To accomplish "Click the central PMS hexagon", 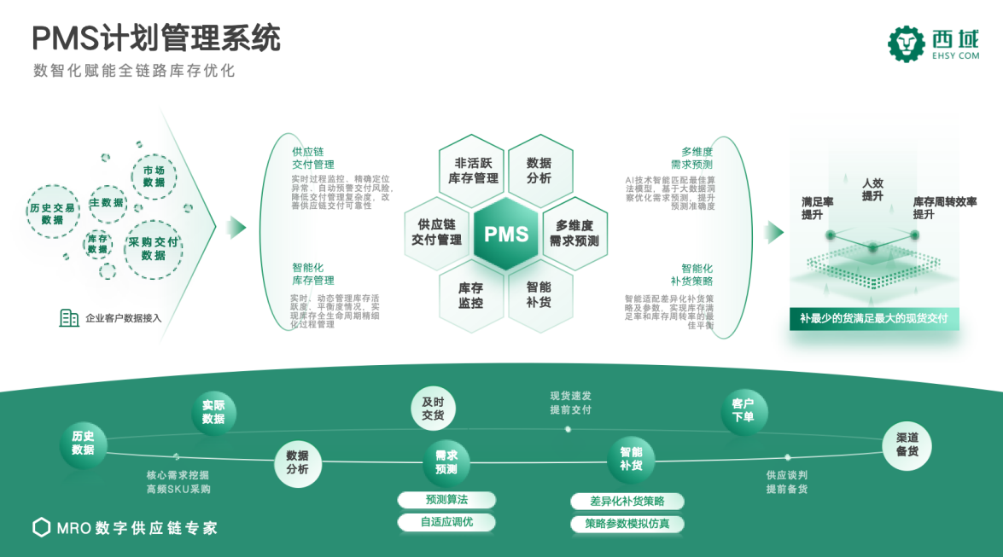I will [506, 234].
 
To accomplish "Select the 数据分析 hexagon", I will [539, 170].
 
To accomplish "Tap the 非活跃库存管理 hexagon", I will [473, 170].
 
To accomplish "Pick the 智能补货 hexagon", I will [539, 294].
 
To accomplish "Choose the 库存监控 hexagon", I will [470, 294].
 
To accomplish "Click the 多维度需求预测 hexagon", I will [574, 233].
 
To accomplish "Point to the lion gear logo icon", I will [907, 44].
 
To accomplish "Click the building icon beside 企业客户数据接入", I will [69, 318].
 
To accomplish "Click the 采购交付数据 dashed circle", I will [154, 248].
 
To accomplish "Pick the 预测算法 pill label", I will [446, 500].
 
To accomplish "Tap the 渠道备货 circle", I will [907, 444].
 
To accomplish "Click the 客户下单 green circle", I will [743, 410].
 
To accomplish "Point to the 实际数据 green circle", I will [213, 412].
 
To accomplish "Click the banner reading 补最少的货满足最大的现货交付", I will [873, 320].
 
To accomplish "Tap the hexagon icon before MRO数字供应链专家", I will [41, 527].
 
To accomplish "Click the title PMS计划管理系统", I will [156, 38].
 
